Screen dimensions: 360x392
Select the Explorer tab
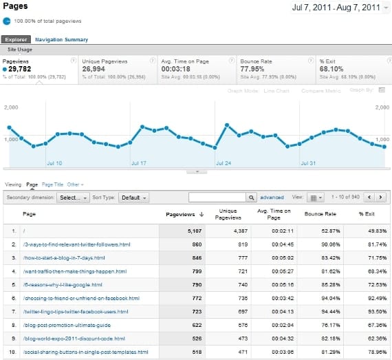[15, 40]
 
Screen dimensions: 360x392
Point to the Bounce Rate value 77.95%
[252, 69]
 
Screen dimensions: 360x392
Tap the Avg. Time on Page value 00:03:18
[176, 69]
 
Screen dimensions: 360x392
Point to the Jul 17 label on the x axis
[138, 164]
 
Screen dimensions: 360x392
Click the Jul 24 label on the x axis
[224, 164]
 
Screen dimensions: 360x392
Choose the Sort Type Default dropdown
[133, 198]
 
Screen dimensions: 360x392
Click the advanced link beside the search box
[272, 198]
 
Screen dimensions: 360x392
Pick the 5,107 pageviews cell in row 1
[195, 231]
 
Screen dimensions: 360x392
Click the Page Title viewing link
[52, 184]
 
